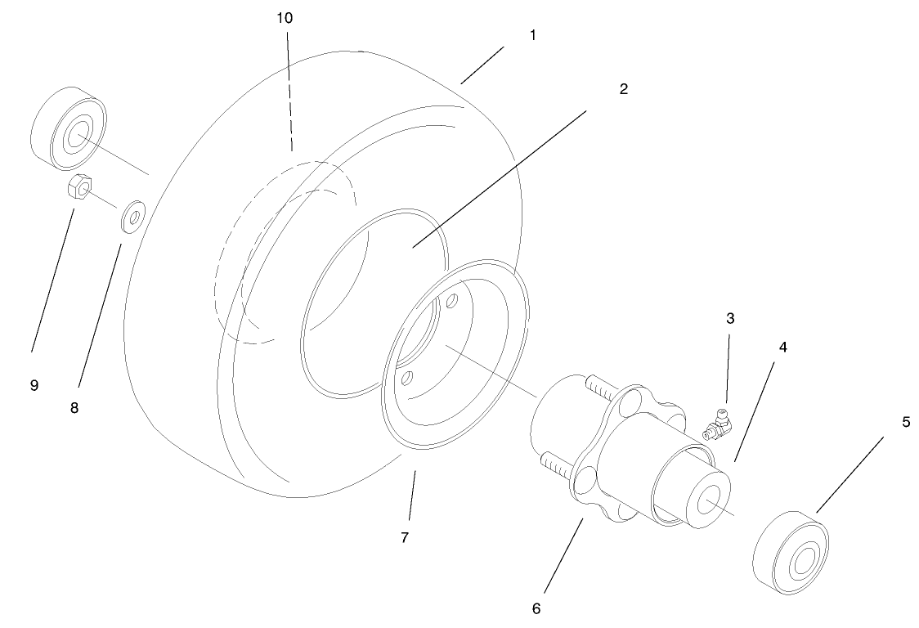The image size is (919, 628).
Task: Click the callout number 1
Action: pyautogui.click(x=532, y=37)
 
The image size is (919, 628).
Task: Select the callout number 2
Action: pyautogui.click(x=623, y=89)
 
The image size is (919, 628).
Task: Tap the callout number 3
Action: pyautogui.click(x=730, y=319)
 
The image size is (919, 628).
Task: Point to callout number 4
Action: pyautogui.click(x=782, y=348)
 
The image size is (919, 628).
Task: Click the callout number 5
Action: pyautogui.click(x=905, y=423)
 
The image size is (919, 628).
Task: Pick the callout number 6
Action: pyautogui.click(x=536, y=608)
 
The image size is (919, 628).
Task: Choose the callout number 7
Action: pyautogui.click(x=406, y=537)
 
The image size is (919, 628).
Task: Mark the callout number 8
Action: pyautogui.click(x=74, y=406)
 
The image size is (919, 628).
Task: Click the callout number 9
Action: pyautogui.click(x=34, y=385)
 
